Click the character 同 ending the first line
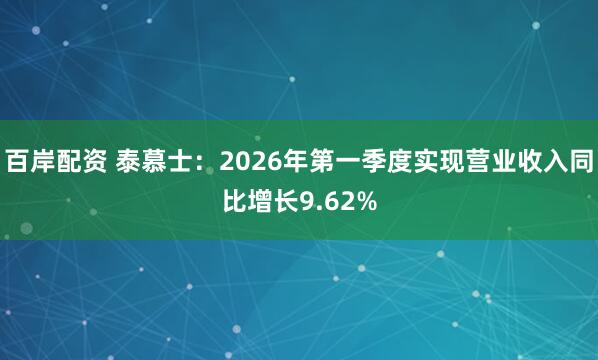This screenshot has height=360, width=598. click(x=583, y=160)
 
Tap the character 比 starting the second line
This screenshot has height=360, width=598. click(x=235, y=203)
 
